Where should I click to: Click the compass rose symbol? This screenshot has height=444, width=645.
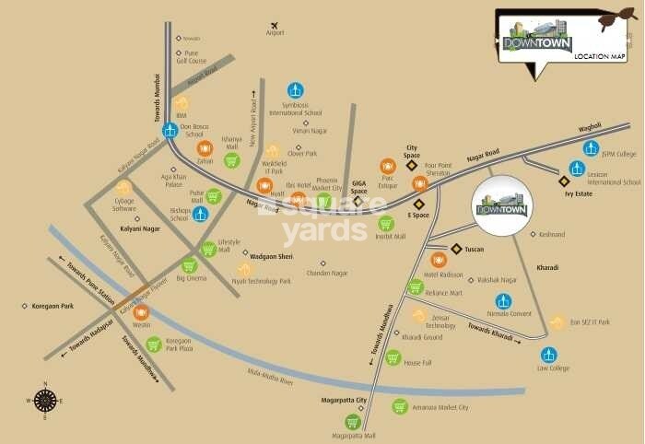pos(45,400)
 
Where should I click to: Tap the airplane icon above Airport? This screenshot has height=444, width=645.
pos(274,25)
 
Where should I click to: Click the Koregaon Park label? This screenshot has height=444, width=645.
pos(52,306)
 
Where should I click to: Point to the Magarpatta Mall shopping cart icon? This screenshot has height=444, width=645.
pos(352,422)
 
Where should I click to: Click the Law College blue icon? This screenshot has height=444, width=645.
pos(549,355)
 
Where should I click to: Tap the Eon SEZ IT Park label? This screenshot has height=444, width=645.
pos(590,321)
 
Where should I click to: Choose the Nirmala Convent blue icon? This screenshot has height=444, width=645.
pos(503,301)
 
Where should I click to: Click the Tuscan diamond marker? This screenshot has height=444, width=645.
pos(456,249)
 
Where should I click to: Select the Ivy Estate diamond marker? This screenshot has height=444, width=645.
pos(564,181)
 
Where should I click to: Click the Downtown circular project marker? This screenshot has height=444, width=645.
pos(500,207)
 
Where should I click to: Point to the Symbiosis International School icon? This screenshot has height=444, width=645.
pos(295,90)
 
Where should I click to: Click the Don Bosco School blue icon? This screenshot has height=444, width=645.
pos(170,130)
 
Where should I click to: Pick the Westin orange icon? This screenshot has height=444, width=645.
pos(141,312)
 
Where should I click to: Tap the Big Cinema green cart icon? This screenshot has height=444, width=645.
pos(189,265)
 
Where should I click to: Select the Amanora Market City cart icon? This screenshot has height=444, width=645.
pos(400,406)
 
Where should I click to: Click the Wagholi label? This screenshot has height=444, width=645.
pos(589,126)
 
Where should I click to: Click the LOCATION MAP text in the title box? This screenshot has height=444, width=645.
pos(599,57)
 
